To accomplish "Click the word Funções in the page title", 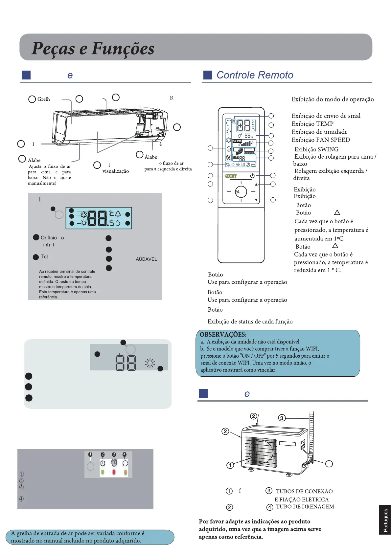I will point(123,49).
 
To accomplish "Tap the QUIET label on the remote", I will point(231,176).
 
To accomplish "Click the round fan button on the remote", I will point(241,192).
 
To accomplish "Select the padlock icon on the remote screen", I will point(253,165).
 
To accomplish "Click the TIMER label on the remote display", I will point(236,157).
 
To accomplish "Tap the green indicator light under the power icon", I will point(103,472).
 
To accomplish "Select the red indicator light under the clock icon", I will point(114,472).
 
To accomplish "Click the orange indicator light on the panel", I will point(125,472).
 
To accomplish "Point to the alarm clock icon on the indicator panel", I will point(114,463).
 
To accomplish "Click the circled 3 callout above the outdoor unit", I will point(282,418).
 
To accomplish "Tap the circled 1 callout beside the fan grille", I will point(230,465).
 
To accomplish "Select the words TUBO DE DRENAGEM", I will point(305,507).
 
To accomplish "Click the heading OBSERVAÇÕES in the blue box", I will point(223,335).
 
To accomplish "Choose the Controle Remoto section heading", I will point(255,75).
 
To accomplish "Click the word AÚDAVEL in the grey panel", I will point(146,259).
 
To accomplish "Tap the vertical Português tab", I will point(385,520).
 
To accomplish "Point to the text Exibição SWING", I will point(316,149).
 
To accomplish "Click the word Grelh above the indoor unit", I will point(44,99).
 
